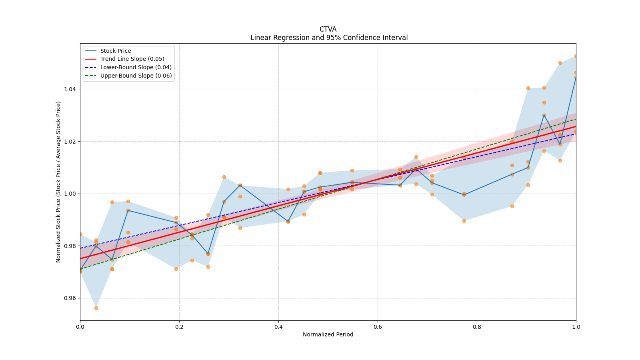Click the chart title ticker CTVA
point(328,29)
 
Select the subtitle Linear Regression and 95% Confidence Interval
point(329,38)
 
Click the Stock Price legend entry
point(116,51)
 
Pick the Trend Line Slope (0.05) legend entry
point(132,59)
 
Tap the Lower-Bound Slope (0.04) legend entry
point(136,67)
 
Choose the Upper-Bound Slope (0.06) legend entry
point(136,76)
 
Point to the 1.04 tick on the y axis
point(70,89)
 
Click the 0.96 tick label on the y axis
point(70,298)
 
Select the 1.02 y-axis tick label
point(70,142)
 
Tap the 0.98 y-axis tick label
point(70,246)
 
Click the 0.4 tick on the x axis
point(278,327)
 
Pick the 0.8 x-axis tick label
point(477,327)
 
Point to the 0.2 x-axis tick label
point(179,327)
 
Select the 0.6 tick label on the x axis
point(378,327)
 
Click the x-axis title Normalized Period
point(328,334)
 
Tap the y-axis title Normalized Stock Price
point(58,182)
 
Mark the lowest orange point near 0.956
point(96,308)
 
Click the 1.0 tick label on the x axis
point(576,327)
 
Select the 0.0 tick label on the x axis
point(80,327)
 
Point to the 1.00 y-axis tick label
point(70,194)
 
